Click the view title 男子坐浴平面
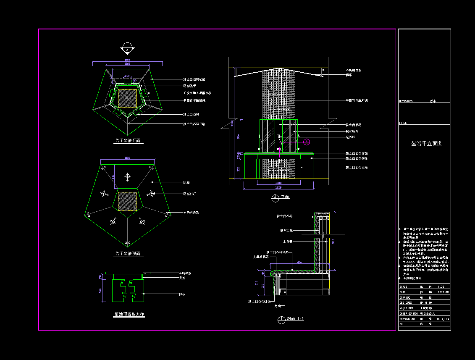(x=128, y=141)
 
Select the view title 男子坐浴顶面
(x=128, y=254)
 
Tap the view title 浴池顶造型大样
(x=129, y=314)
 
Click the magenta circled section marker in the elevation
(x=307, y=142)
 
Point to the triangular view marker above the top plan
(x=127, y=49)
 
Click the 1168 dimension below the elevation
(x=278, y=183)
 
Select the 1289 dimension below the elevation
(x=278, y=188)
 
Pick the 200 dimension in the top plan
(x=127, y=76)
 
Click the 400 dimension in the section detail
(x=299, y=262)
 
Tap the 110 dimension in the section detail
(x=257, y=283)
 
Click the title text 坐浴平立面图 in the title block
(x=427, y=143)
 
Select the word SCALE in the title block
(x=404, y=286)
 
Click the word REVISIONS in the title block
(x=406, y=101)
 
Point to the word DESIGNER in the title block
(x=406, y=302)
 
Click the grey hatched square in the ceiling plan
(x=127, y=201)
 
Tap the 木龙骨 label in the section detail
(x=288, y=242)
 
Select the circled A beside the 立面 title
(x=276, y=197)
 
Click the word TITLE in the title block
(x=403, y=123)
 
